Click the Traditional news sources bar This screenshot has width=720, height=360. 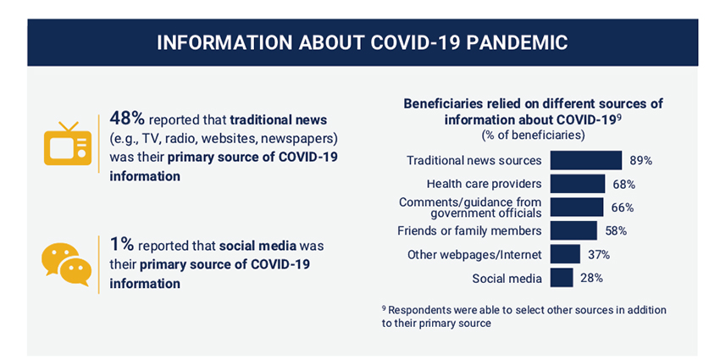point(586,160)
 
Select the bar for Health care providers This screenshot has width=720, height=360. point(578,184)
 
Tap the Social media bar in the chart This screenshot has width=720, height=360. point(562,278)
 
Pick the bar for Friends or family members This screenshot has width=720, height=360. point(573,230)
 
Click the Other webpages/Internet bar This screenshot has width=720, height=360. point(565,254)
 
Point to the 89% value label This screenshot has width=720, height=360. point(641,161)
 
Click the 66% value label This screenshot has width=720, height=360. point(623,208)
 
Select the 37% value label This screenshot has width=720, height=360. point(599,255)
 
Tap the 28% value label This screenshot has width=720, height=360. point(591,279)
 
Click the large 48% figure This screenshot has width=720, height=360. point(127,119)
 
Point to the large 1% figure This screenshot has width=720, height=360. point(122,245)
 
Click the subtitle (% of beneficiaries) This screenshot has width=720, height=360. point(533,136)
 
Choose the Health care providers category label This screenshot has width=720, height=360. point(484,184)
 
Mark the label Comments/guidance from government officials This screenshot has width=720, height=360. point(470,208)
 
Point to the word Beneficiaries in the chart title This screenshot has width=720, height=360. point(439,103)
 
